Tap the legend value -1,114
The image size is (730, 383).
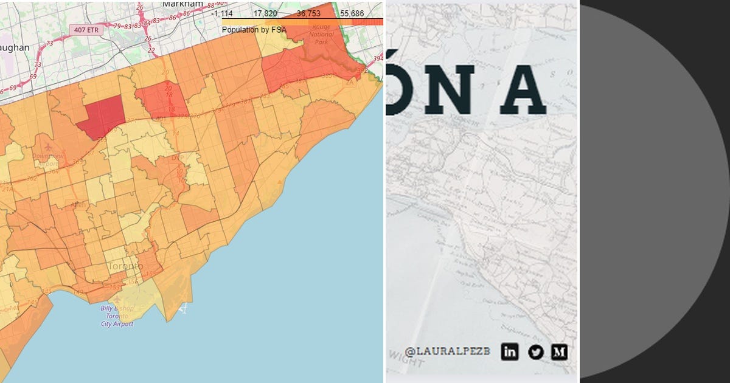point(222,13)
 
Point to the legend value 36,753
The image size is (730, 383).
point(308,13)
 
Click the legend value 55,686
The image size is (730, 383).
point(352,13)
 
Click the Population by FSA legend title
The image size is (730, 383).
point(249,30)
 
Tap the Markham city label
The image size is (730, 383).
point(181,4)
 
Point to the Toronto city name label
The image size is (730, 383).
point(125,266)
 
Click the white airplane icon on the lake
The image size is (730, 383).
point(184,309)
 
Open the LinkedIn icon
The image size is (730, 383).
point(510,351)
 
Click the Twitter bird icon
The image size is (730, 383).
point(535,351)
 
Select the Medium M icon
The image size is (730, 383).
point(559,351)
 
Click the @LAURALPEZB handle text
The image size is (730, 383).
point(447,351)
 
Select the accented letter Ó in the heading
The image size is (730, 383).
point(392,85)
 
